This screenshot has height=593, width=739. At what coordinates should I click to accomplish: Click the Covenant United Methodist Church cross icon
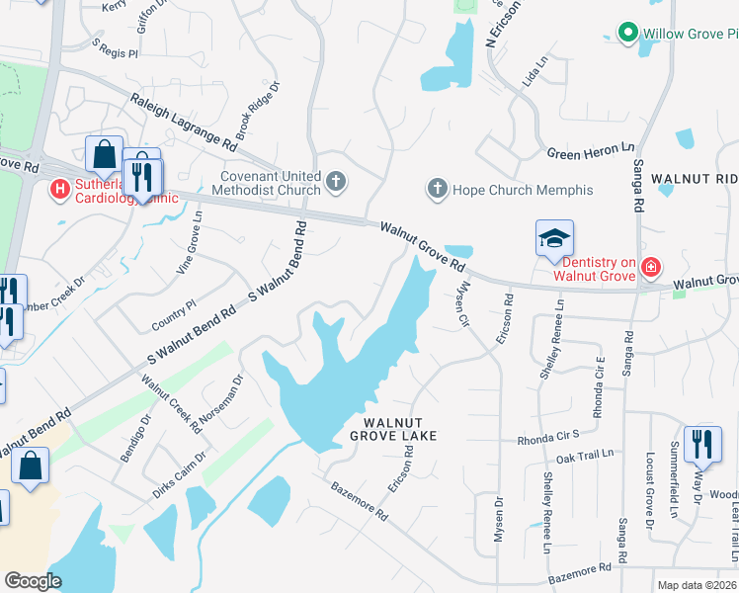(x=336, y=181)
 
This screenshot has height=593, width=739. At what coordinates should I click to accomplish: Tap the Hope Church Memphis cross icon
(x=437, y=188)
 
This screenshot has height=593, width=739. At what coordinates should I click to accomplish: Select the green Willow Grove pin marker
(x=626, y=34)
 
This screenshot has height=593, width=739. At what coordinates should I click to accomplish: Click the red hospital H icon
(x=60, y=187)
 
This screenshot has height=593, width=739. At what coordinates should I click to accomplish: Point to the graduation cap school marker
(x=555, y=238)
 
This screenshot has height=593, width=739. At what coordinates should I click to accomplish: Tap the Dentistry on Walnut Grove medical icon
(x=650, y=266)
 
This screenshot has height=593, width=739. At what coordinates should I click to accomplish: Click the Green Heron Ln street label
(x=591, y=151)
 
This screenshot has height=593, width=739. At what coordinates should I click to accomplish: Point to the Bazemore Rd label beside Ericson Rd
(x=358, y=500)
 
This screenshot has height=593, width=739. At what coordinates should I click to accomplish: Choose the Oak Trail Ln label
(x=585, y=456)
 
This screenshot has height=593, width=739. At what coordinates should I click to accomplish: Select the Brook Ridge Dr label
(x=258, y=110)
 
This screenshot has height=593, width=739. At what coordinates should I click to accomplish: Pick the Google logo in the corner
(x=33, y=581)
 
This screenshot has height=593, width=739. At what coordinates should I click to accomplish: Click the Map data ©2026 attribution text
(x=697, y=585)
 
